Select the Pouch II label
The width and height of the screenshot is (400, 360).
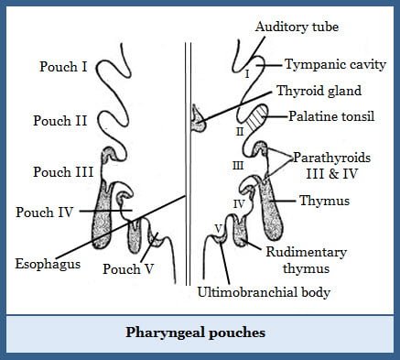click(x=61, y=119)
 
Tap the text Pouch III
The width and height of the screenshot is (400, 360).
click(x=63, y=171)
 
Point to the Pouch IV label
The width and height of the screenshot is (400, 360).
click(x=45, y=213)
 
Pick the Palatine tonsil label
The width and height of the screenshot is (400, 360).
click(x=332, y=117)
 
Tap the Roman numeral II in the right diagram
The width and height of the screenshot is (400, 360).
click(x=239, y=131)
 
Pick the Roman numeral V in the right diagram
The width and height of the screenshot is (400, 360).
click(x=218, y=226)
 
